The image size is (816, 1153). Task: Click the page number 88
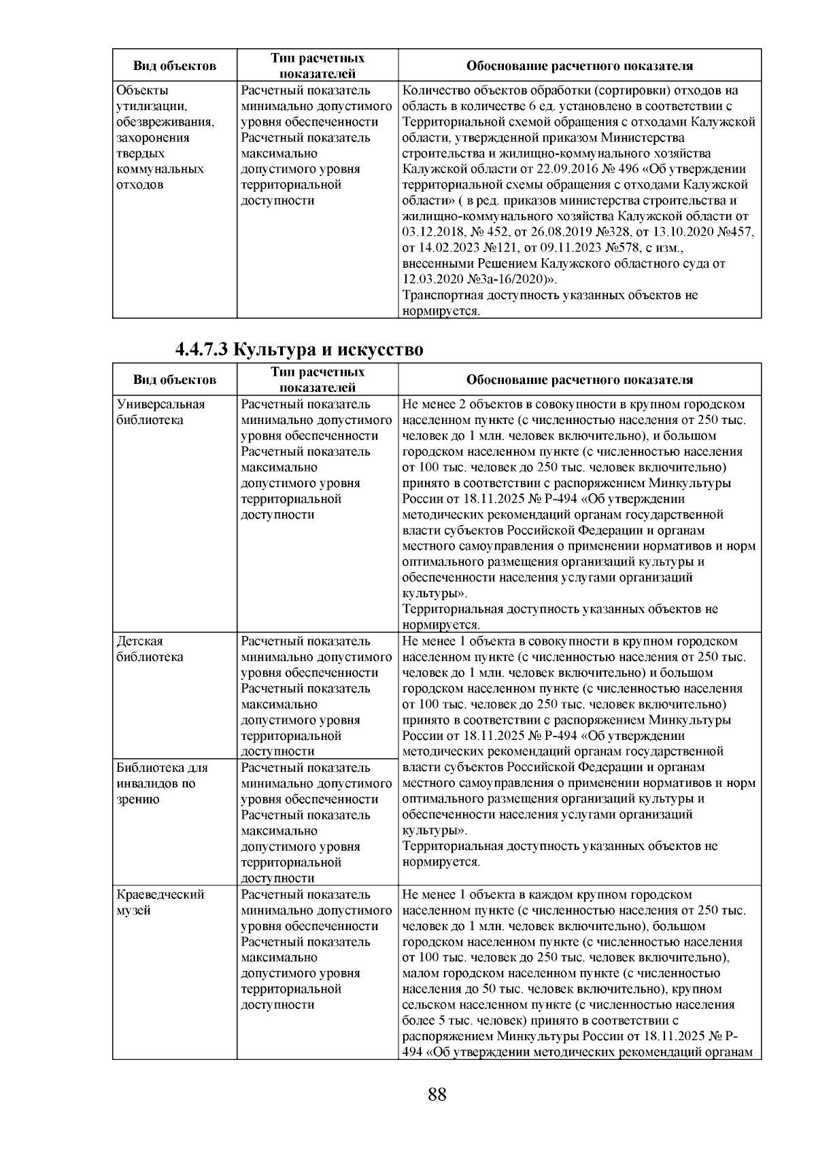tap(437, 1095)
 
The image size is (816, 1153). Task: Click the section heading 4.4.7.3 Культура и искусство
tap(299, 350)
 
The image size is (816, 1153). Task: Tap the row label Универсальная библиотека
tap(160, 412)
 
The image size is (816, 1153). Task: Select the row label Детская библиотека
tap(150, 649)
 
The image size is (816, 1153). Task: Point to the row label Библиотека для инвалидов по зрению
tap(162, 783)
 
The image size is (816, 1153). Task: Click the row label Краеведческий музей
tap(160, 902)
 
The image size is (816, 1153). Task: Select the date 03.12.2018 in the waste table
tap(430, 232)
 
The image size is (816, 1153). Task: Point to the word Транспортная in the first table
tap(441, 296)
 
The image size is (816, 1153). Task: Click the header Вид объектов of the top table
tap(175, 66)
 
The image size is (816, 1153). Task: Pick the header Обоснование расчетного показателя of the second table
tap(579, 380)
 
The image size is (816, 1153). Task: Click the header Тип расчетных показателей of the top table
tap(318, 66)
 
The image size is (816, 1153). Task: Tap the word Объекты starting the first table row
tap(143, 90)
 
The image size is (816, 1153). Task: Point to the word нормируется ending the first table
tap(441, 312)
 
